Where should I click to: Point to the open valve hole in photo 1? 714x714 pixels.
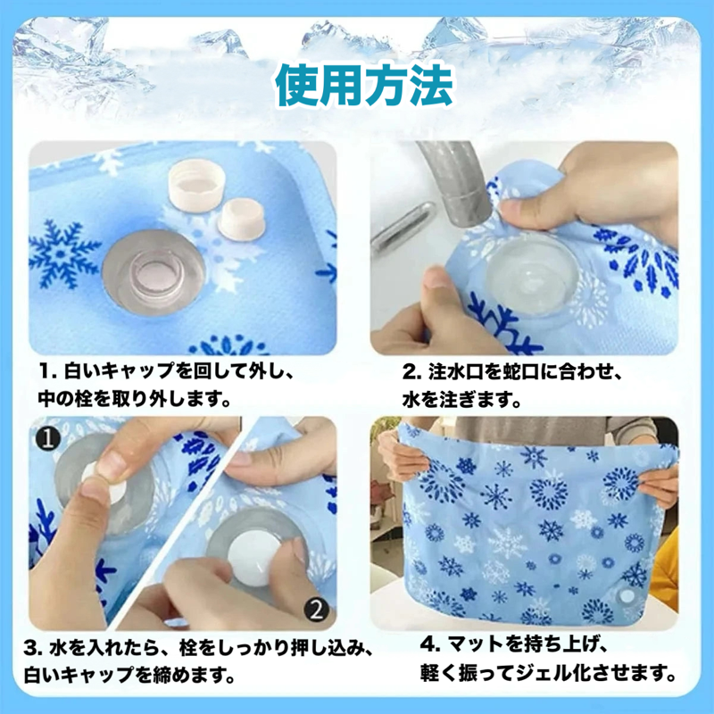[x=154, y=273]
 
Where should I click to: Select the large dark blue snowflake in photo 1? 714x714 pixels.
[x=63, y=254]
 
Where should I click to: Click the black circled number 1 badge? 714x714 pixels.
[x=48, y=439]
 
